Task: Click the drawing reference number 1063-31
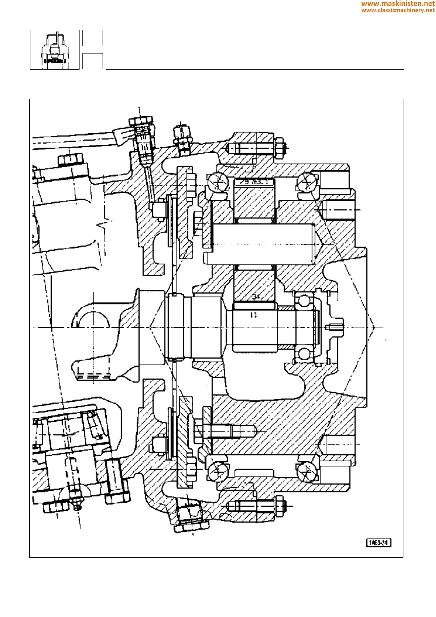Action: (x=378, y=543)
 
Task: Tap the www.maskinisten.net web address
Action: (x=398, y=4)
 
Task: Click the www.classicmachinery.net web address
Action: (x=398, y=10)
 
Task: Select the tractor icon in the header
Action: (x=55, y=50)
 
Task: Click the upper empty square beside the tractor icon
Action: (x=92, y=38)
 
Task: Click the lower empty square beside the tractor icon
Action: (x=92, y=61)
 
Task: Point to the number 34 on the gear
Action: (x=256, y=296)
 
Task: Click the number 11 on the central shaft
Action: (x=253, y=315)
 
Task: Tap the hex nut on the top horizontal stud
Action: (x=279, y=148)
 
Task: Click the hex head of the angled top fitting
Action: (x=140, y=121)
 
